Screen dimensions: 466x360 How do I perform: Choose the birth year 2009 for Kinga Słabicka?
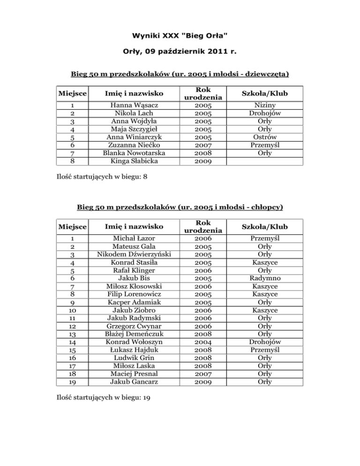coord(202,161)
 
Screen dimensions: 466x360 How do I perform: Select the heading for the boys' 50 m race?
coord(180,206)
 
